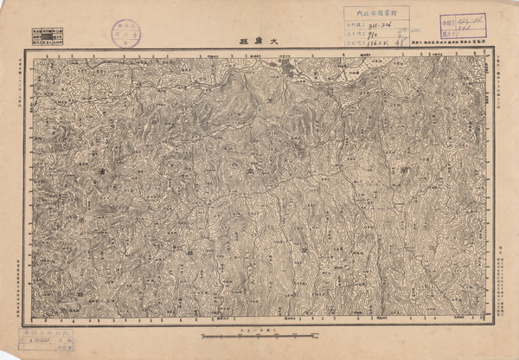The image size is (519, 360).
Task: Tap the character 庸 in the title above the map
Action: (259, 41)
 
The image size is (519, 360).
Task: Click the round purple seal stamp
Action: (125, 33)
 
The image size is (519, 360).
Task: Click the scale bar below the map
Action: (259, 335)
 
